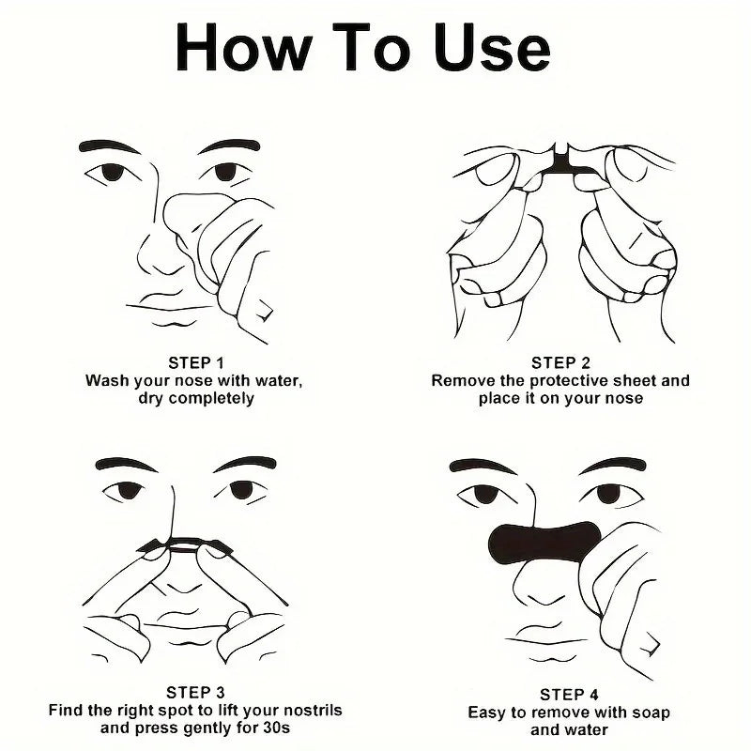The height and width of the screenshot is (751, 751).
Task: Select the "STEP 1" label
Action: pos(196,362)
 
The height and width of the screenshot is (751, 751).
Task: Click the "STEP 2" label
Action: pos(560,362)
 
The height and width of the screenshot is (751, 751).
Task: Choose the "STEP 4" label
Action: pos(569,695)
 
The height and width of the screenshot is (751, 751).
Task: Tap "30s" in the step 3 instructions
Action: pos(277,728)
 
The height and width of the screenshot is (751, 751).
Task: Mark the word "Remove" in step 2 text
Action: pos(460,380)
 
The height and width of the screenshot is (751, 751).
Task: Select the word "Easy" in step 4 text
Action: pos(486,713)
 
